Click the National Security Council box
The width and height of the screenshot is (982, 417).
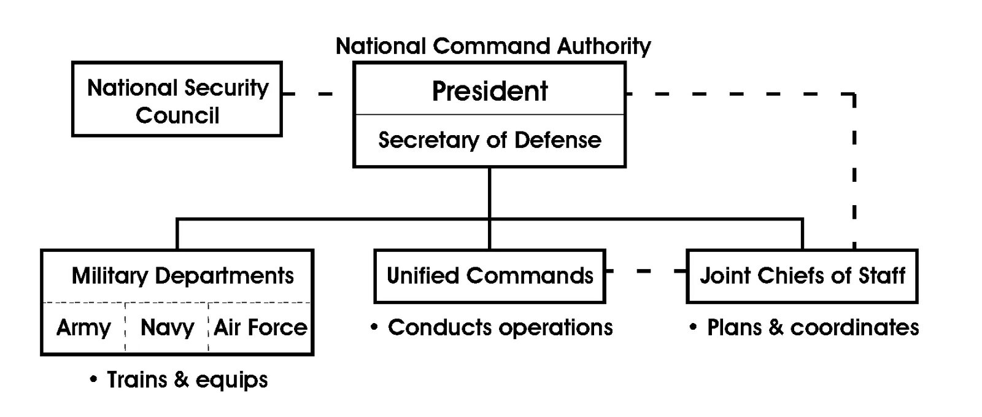pyautogui.click(x=177, y=99)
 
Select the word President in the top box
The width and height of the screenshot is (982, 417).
pyautogui.click(x=489, y=91)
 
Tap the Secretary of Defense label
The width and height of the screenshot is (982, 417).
pyautogui.click(x=489, y=140)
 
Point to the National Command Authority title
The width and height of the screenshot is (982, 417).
pyautogui.click(x=493, y=46)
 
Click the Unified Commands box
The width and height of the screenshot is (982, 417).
pyautogui.click(x=489, y=276)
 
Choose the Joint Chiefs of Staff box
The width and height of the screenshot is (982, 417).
pyautogui.click(x=802, y=276)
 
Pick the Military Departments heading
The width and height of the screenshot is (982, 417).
pyautogui.click(x=182, y=276)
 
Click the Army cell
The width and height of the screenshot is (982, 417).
pyautogui.click(x=83, y=328)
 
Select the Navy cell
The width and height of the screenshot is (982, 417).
pyautogui.click(x=167, y=328)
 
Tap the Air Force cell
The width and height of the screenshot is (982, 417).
pyautogui.click(x=260, y=328)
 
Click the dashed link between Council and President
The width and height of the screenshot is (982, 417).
pyautogui.click(x=325, y=94)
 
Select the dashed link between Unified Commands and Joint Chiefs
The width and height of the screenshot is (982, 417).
pyautogui.click(x=643, y=271)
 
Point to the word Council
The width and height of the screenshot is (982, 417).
pyautogui.click(x=177, y=115)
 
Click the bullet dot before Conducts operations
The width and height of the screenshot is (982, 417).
pyautogui.click(x=374, y=328)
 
